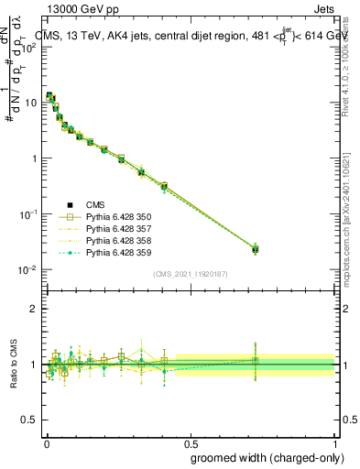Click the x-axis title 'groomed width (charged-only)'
pyautogui.click(x=262, y=457)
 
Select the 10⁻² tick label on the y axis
pyautogui.click(x=27, y=269)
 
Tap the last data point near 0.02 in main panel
pyautogui.click(x=255, y=248)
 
